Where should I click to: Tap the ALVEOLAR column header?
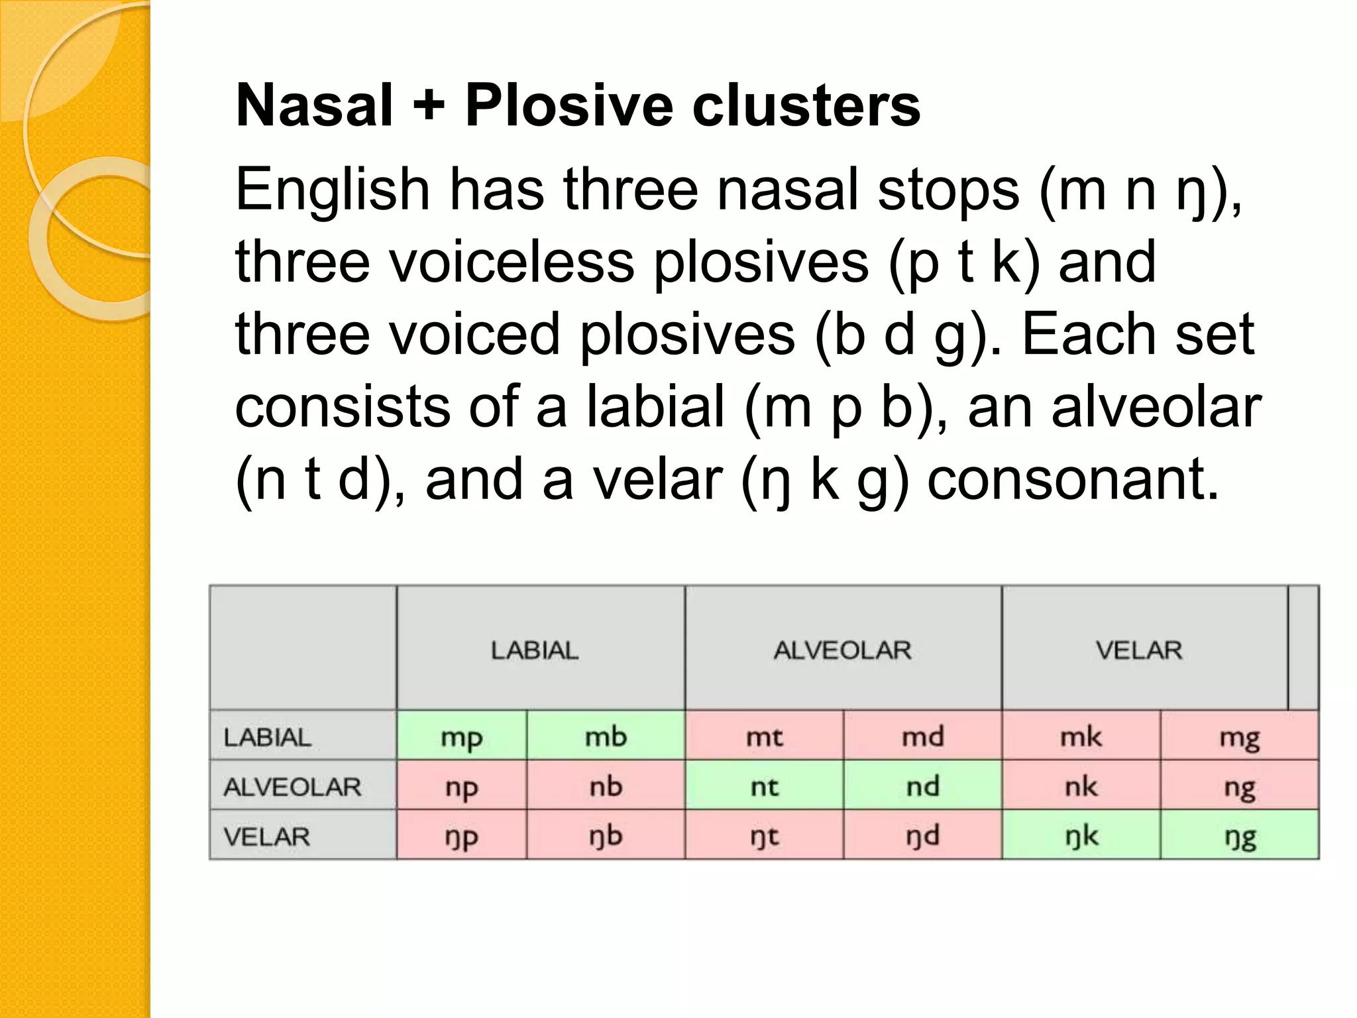click(842, 650)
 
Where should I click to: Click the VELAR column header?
click(1138, 650)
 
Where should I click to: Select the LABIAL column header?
click(535, 650)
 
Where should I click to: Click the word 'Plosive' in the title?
click(569, 105)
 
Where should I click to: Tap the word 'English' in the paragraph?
click(333, 191)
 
